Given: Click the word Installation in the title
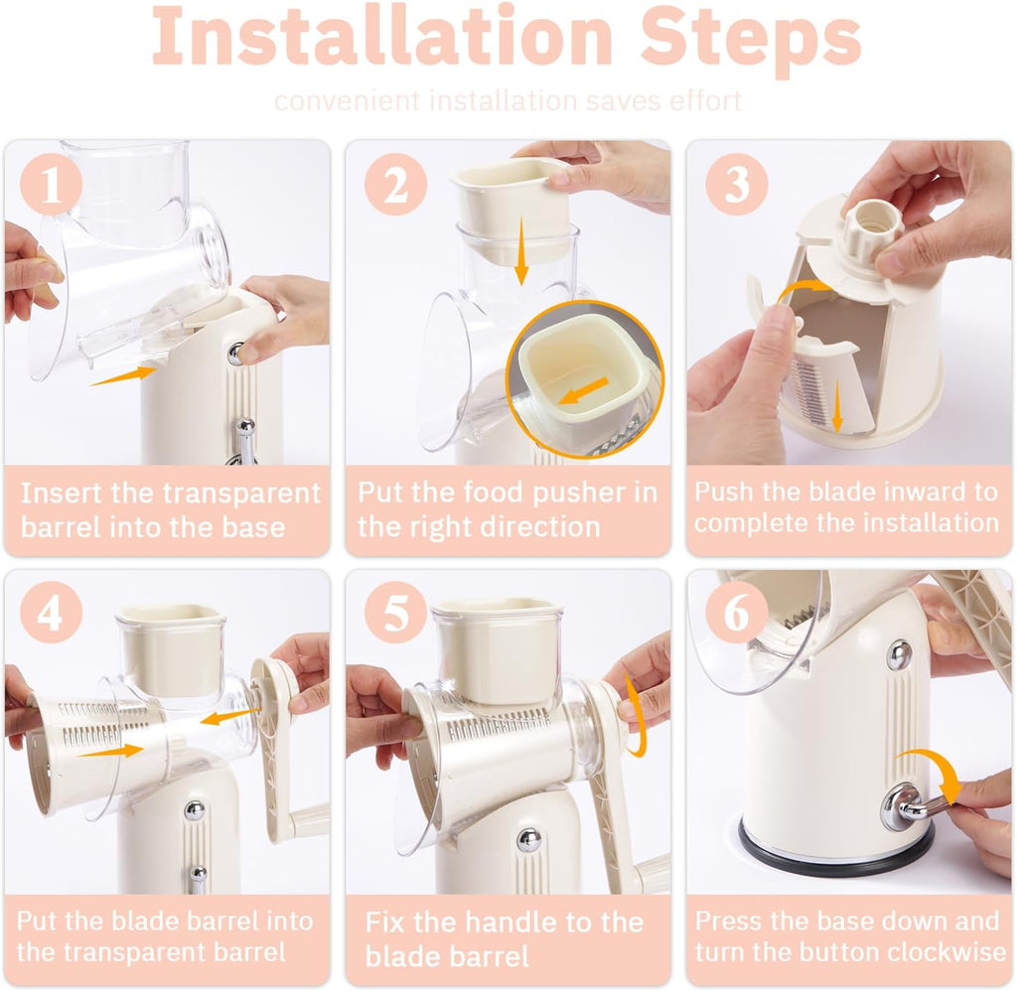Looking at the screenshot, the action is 382,37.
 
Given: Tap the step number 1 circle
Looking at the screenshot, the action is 51,186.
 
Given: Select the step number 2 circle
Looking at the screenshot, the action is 395,184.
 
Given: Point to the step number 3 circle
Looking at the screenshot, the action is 736,184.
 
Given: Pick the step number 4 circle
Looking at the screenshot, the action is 51,613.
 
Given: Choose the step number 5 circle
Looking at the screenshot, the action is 395,613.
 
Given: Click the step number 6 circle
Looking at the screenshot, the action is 736,613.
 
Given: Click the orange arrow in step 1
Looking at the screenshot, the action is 123,375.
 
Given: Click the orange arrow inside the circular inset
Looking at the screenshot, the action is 583,390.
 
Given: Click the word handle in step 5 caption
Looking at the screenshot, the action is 509,922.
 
